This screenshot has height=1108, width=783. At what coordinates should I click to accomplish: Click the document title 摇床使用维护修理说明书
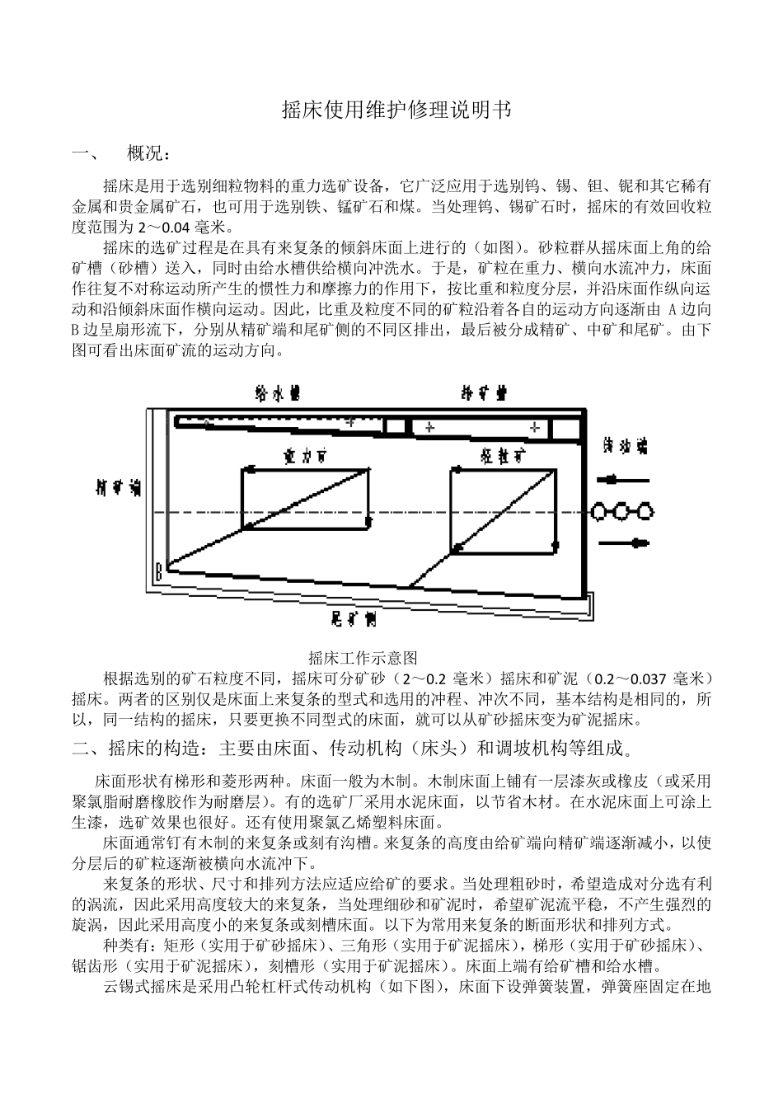(391, 110)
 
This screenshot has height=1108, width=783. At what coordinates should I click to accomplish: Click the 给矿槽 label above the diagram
(483, 392)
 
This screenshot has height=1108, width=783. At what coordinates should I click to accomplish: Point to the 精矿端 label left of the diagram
(118, 487)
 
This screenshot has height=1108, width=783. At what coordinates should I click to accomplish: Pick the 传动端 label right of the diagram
(625, 445)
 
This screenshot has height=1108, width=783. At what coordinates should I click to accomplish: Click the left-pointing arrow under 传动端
(625, 479)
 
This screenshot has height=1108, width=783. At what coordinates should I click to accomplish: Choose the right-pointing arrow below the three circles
(625, 542)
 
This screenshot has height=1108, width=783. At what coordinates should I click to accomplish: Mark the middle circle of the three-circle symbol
(623, 511)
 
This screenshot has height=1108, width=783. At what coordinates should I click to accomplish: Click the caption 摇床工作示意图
(363, 657)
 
